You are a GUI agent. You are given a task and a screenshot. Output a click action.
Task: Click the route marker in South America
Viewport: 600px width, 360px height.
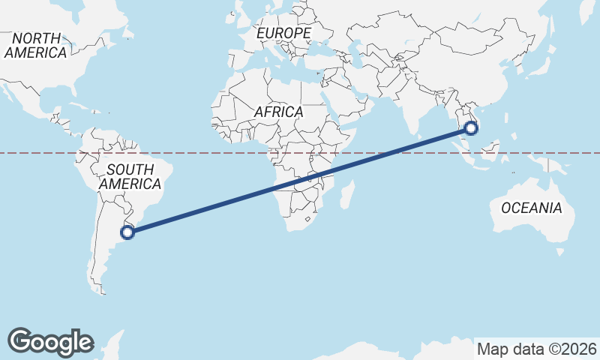(127, 232)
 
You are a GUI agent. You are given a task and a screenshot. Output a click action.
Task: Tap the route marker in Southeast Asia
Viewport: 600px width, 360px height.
(471, 127)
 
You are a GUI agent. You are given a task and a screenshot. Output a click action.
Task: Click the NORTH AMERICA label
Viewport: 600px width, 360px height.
(36, 45)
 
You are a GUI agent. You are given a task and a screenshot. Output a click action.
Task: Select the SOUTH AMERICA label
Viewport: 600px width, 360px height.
(130, 176)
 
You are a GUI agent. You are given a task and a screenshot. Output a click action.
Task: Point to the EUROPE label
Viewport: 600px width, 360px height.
(283, 34)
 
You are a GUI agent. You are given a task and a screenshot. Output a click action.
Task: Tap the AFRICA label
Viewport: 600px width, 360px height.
(278, 112)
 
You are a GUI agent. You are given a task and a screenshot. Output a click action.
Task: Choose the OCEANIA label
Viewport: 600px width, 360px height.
(531, 208)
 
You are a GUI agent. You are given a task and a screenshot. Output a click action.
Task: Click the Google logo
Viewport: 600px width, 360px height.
(50, 341)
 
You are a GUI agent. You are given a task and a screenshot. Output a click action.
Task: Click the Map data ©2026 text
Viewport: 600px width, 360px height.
(537, 349)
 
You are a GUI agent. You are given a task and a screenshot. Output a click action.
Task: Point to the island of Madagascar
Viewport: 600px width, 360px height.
(346, 194)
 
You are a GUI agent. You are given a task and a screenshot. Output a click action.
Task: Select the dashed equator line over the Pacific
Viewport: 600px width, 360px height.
(45, 153)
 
